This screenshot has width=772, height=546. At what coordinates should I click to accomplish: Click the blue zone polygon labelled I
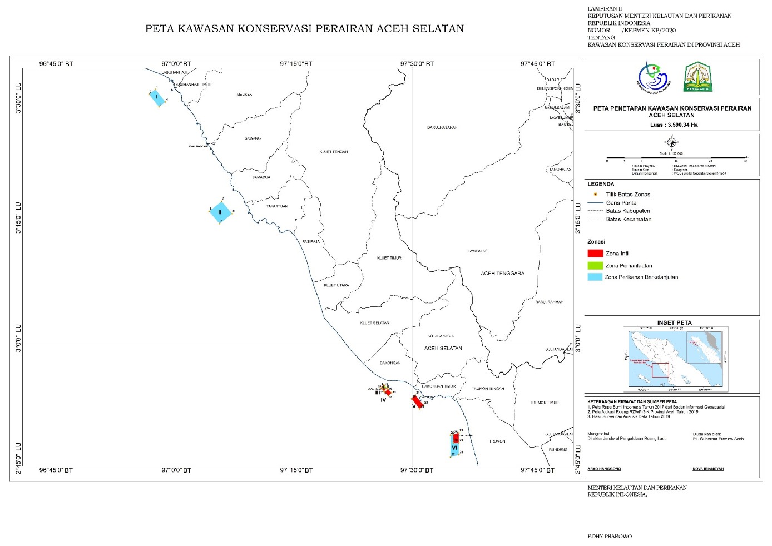(157, 97)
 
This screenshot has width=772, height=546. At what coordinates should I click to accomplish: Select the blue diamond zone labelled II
(221, 211)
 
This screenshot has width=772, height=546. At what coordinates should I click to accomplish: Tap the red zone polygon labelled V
(417, 401)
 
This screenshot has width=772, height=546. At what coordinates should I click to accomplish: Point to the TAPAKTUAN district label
(277, 206)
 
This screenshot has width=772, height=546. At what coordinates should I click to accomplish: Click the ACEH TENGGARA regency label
(502, 273)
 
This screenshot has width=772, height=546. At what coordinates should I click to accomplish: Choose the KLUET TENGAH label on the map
(333, 152)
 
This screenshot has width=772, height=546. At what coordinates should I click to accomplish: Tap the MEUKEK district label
(244, 95)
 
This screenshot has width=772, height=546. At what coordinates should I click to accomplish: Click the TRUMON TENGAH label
(488, 389)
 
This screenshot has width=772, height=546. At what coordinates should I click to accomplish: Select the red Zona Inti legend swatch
(595, 253)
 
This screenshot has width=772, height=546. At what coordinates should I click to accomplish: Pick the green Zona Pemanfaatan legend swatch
(595, 265)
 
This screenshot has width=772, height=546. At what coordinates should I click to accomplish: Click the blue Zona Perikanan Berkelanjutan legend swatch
(595, 277)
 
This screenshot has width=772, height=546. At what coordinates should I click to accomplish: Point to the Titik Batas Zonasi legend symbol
(595, 194)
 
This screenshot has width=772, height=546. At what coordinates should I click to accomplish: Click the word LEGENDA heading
(601, 184)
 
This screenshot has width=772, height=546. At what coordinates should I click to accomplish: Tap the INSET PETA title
(674, 322)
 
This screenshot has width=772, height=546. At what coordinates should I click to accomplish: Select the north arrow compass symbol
(671, 142)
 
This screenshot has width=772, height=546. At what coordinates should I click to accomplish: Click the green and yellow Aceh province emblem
(697, 77)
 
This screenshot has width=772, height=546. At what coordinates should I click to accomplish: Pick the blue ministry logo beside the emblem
(654, 77)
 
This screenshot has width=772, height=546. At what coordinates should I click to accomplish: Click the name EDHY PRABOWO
(610, 537)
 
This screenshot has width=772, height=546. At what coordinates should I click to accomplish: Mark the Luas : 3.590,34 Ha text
(674, 125)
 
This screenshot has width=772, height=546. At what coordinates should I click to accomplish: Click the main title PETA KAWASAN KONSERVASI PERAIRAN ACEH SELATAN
(304, 29)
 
